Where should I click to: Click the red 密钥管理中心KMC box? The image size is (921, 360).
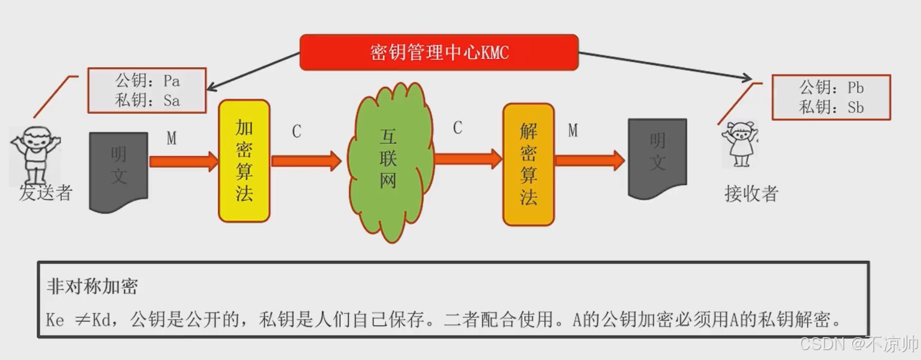[x=439, y=53]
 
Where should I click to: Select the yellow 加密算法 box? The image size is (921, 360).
[x=244, y=160]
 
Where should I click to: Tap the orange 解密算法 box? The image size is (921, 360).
[x=528, y=164]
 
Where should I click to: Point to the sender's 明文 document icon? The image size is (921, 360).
[x=118, y=171]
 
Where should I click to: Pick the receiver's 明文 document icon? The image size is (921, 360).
[x=657, y=158]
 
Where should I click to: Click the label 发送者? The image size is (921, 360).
[x=46, y=193]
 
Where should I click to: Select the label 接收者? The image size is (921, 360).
[x=751, y=194]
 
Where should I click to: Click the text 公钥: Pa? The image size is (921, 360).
[x=148, y=81]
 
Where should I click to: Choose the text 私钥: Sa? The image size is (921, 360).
[x=148, y=100]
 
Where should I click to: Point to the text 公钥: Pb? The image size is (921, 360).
[x=831, y=87]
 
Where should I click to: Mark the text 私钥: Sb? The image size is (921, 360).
[x=831, y=107]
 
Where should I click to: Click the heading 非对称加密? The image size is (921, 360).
[x=92, y=286]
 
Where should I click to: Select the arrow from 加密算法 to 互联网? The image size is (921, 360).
[x=306, y=161]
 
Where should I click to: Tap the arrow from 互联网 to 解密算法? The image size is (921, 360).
[x=468, y=159]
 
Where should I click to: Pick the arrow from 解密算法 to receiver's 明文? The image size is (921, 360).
[x=589, y=160]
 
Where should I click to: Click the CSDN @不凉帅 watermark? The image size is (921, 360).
[x=858, y=344]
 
